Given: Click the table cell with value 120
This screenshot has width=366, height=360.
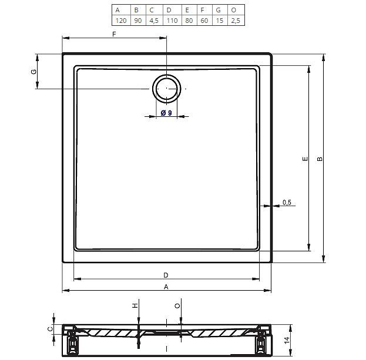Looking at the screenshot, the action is (x=121, y=21).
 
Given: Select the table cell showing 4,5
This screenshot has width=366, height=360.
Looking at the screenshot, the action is (x=154, y=21).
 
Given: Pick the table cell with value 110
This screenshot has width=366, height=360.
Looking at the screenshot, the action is (x=172, y=21).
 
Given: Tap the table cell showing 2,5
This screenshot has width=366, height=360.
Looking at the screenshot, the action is (x=236, y=21).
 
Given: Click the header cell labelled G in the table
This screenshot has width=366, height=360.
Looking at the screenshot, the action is (x=218, y=10).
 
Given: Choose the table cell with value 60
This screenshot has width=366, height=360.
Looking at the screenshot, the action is (x=204, y=21).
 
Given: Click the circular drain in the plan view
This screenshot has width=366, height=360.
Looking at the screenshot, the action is (x=167, y=89).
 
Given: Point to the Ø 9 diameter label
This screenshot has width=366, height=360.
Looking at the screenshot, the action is (x=166, y=113).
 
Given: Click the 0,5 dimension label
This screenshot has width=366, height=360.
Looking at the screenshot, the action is (x=287, y=202).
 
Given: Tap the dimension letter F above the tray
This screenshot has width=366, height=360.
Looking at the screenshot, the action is (x=114, y=34).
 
